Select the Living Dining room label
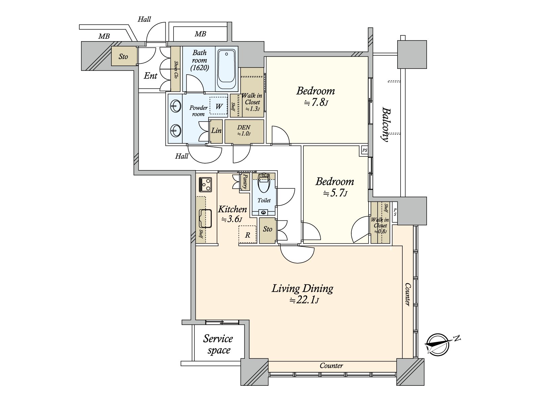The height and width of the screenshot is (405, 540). point(302,289)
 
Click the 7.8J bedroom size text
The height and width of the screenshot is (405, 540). point(316,102)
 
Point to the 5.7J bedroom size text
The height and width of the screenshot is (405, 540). point(335,193)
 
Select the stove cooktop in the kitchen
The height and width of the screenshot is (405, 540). point(206,184)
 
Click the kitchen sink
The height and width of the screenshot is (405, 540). point(205,218)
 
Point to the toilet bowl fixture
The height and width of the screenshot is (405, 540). point(264,187)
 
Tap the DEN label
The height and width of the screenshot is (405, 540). point(244,127)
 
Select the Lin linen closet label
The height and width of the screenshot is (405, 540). point(216,130)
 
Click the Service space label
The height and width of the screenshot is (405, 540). point(218,344)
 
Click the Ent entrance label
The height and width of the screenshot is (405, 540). point(150,76)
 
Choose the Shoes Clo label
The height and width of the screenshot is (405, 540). point(175,70)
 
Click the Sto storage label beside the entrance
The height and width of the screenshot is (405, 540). point(123,57)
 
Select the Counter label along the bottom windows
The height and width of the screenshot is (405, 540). point(331,366)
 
